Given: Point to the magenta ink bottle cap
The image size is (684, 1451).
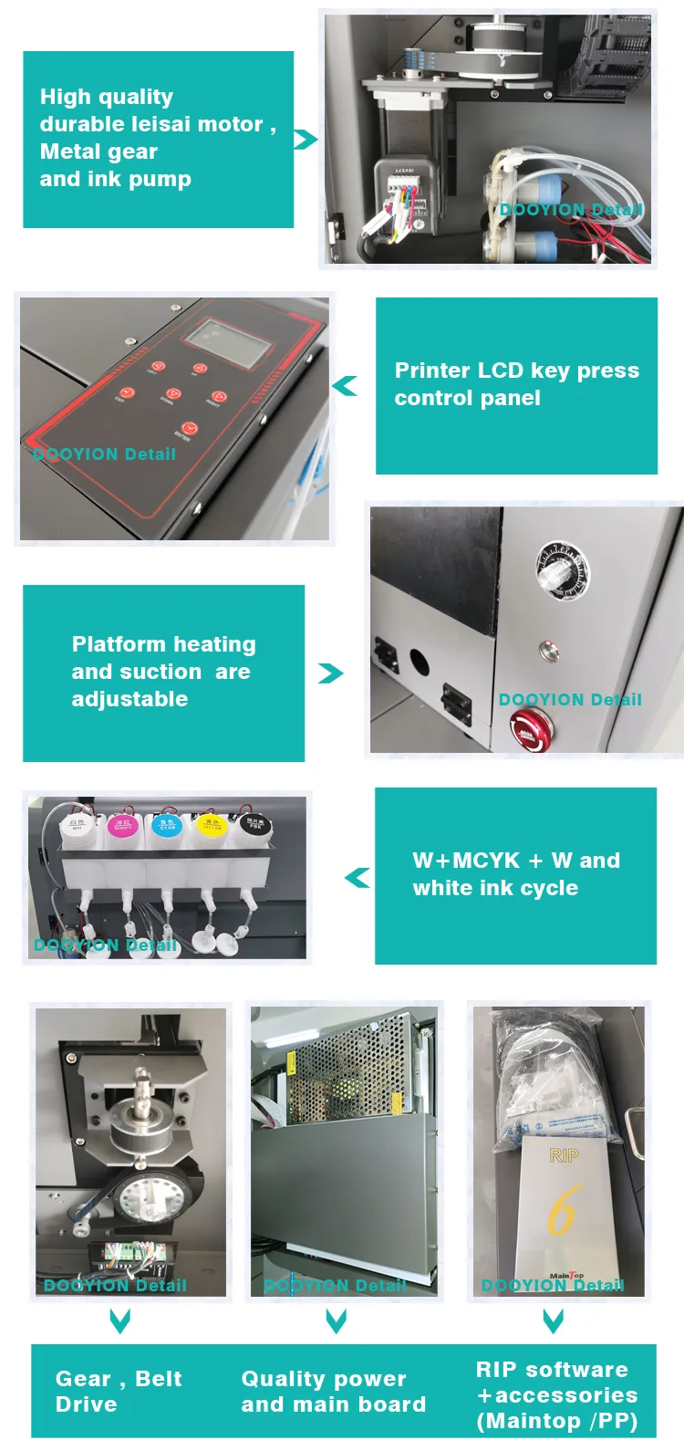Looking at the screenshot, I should click(122, 827).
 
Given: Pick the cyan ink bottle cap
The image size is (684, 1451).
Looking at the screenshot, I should click(167, 825).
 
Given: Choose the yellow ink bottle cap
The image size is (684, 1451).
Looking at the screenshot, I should click(212, 825).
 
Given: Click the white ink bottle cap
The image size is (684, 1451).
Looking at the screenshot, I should click(77, 825).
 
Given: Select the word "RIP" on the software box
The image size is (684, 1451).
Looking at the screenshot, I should click(564, 1156).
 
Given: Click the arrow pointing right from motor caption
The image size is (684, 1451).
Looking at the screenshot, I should click(306, 140).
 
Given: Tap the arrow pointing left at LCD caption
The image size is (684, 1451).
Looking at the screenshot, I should click(345, 386).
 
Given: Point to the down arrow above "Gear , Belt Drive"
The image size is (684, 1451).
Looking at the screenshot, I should click(119, 1321).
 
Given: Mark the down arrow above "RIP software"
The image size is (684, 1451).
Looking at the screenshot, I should click(553, 1321).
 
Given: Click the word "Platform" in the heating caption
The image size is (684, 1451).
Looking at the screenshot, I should click(118, 644).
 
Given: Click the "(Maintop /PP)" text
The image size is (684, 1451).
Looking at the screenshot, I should click(556, 1421).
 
